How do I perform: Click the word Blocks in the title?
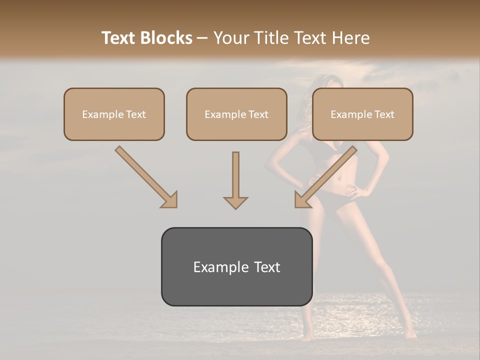pos(167,38)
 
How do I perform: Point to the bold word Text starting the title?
pos(120,38)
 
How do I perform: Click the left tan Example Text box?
pos(114,114)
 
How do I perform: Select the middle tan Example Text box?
pos(236,114)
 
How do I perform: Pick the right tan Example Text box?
pos(362,114)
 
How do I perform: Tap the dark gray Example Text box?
pos(236,266)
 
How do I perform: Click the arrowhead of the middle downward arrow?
pos(235,202)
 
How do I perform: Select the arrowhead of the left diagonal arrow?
pos(170,200)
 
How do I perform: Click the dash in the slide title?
pos(202,38)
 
